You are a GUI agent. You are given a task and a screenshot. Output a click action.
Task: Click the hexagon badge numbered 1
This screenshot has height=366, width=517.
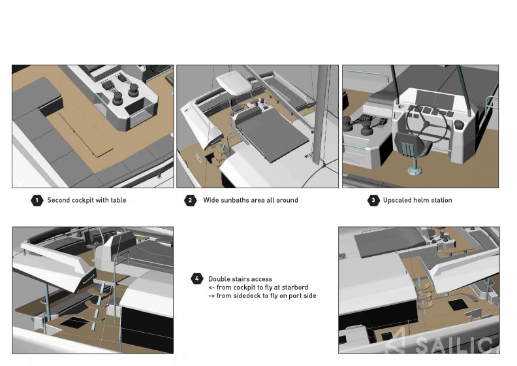point(37,201)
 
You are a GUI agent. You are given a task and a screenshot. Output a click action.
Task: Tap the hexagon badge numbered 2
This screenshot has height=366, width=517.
point(190,201)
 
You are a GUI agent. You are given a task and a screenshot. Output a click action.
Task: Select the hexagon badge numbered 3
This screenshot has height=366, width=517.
point(373,201)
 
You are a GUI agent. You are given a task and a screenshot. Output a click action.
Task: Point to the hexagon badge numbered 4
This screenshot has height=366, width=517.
point(197,278)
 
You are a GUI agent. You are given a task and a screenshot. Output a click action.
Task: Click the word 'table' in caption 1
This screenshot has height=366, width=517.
point(119,200)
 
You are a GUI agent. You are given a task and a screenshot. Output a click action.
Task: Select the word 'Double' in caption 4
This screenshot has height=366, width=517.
point(219,279)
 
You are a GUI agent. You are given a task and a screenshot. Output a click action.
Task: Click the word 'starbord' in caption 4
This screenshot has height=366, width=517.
point(295,287)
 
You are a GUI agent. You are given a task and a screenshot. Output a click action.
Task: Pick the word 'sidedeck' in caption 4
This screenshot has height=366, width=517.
point(247,295)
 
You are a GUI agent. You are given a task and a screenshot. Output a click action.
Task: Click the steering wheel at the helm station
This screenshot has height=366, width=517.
point(426,124)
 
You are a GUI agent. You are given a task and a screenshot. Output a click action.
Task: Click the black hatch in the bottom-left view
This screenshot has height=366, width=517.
point(73,322)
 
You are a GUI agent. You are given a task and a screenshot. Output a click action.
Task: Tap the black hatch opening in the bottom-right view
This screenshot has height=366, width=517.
point(458,305)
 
